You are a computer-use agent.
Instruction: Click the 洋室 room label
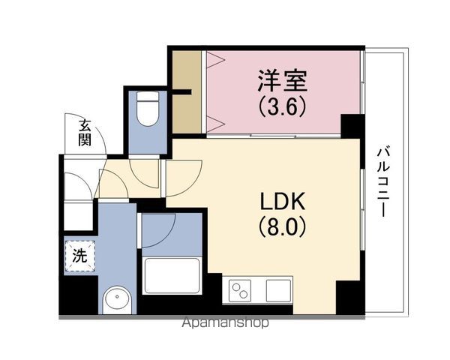pos(282,81)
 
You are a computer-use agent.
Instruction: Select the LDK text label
pos(282,202)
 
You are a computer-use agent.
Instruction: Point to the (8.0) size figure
pos(282,227)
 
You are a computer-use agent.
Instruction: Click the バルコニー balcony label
pos(382,181)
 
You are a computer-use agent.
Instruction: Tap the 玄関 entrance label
pos(85,133)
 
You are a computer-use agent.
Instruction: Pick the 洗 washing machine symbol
pos(79,256)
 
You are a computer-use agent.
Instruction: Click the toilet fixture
pos(148,109)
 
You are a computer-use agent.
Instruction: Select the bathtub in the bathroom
pos(172,275)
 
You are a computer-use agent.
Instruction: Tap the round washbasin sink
pos(117,300)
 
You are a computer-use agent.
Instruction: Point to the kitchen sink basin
pos(278,290)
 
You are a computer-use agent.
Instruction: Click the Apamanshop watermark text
pos(226,322)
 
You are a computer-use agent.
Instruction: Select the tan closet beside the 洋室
pos(187,92)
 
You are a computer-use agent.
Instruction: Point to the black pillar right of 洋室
pos(352,126)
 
